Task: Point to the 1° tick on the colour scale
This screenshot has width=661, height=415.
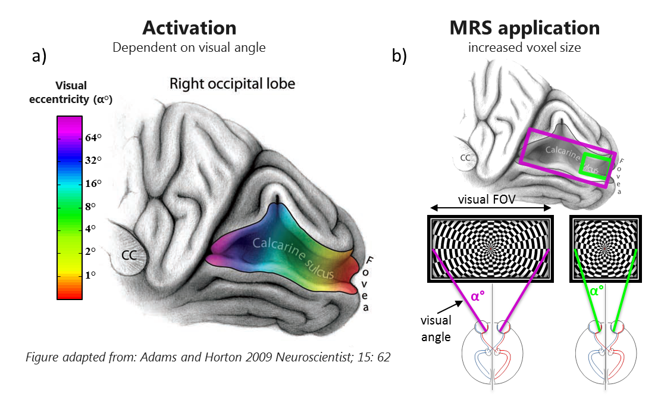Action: (92, 274)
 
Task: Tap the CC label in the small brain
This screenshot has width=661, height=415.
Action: (467, 159)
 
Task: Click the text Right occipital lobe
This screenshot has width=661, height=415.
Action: (232, 83)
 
